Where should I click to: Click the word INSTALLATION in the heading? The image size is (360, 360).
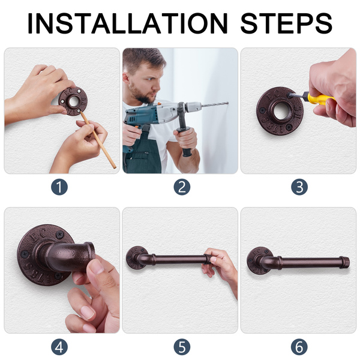pos(127,23)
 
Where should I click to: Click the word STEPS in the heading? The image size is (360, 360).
pos(286,23)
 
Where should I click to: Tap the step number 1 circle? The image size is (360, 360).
pos(59,187)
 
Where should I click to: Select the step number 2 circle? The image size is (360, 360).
pos(182,187)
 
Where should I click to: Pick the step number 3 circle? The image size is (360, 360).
pos(299,187)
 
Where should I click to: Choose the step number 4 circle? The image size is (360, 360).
pos(59,347)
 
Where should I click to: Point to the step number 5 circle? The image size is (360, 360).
pos(182,347)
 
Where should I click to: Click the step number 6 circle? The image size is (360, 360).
pos(299,347)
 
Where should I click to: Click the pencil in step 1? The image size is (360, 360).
pos(98,140)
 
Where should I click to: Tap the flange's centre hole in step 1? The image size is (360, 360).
pos(74,102)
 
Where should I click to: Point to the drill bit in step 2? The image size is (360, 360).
pos(215,104)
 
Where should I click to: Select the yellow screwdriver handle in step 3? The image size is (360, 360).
pos(319,98)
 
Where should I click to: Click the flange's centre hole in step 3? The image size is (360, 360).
pos(281,112)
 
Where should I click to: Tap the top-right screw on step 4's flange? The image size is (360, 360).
pos(60,235)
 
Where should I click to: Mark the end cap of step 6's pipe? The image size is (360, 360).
pos(344,262)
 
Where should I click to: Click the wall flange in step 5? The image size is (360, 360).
pos(136,257)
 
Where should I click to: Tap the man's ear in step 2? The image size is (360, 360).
pos(126,78)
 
